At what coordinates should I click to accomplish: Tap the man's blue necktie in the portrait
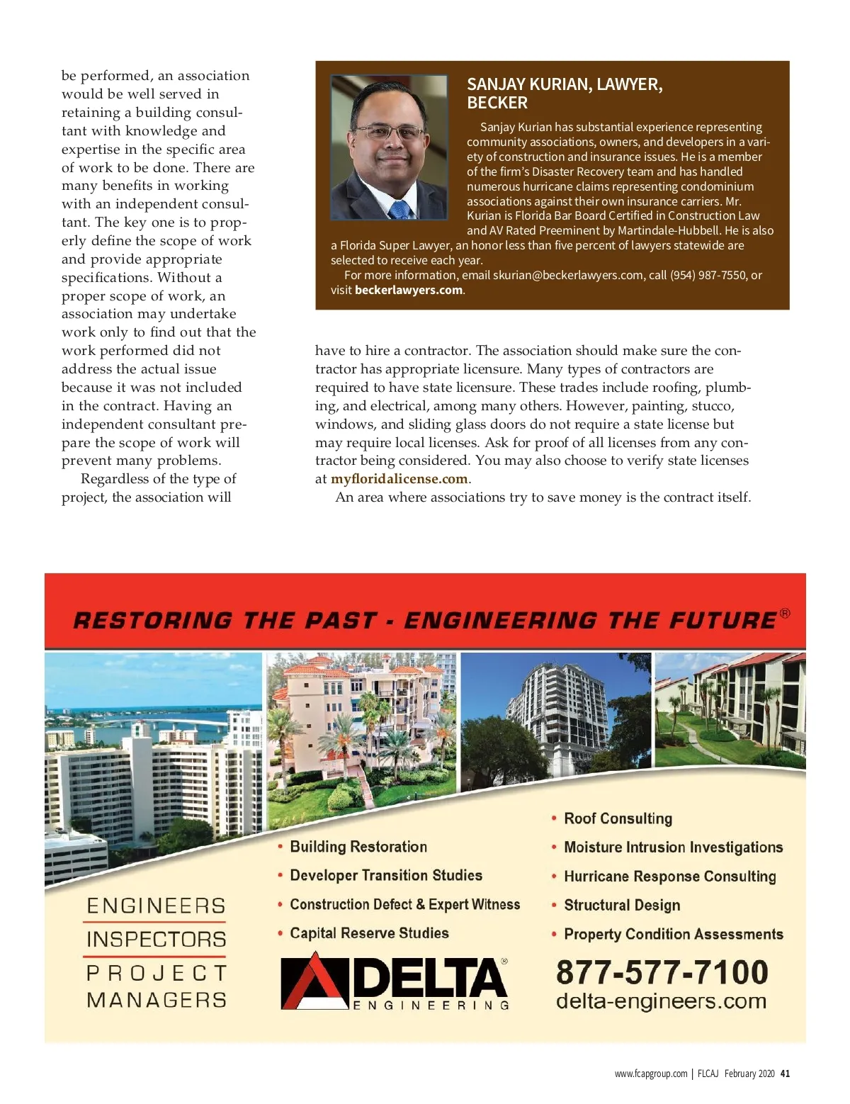pos(399,209)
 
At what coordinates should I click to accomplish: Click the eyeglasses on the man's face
pos(389,132)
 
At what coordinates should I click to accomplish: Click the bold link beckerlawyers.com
pos(409,290)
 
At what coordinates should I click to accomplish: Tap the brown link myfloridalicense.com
pos(399,479)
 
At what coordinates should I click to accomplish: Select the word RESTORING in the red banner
pos(152,621)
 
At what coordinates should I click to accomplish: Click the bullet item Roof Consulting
pos(618,818)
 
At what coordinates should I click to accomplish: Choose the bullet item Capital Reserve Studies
pos(369,933)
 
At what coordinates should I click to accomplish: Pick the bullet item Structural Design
pos(622,905)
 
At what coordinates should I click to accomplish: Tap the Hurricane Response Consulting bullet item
pos(669,877)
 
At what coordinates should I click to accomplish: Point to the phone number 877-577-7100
pos(662,971)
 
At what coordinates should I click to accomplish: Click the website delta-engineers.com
pos(661,1001)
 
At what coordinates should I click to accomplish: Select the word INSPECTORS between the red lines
pos(156,940)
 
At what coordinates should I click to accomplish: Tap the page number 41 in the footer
pos(785,1074)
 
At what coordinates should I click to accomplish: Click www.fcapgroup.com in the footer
pos(650,1074)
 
